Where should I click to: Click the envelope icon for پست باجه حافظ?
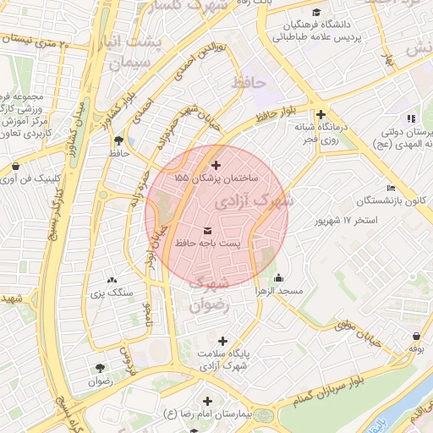[209, 230]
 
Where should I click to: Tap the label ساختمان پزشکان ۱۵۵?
[216, 179]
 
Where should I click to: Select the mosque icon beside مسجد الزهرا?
[279, 278]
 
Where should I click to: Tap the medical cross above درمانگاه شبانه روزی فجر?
[320, 114]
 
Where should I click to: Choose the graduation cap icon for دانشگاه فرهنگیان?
[316, 13]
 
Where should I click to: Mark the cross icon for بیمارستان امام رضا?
[207, 400]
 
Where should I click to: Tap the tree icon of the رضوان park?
[101, 368]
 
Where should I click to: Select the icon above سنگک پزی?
[112, 280]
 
